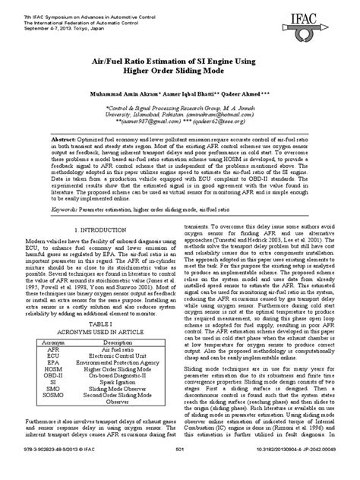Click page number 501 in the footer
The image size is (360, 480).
click(x=180, y=471)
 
